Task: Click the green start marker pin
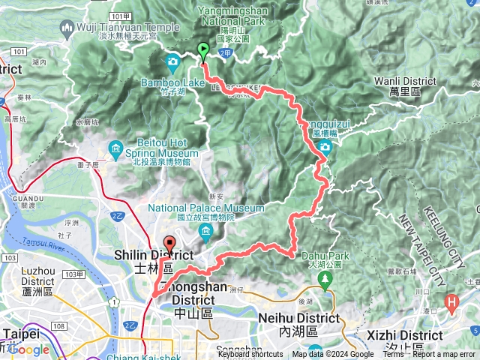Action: [203, 52]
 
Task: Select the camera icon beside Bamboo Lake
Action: [173, 61]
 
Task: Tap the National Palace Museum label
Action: [205, 208]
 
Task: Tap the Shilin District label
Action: [154, 255]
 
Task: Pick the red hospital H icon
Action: [451, 303]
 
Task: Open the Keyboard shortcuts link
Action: [250, 355]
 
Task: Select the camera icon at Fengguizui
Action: [325, 147]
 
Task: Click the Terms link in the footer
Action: [393, 355]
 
